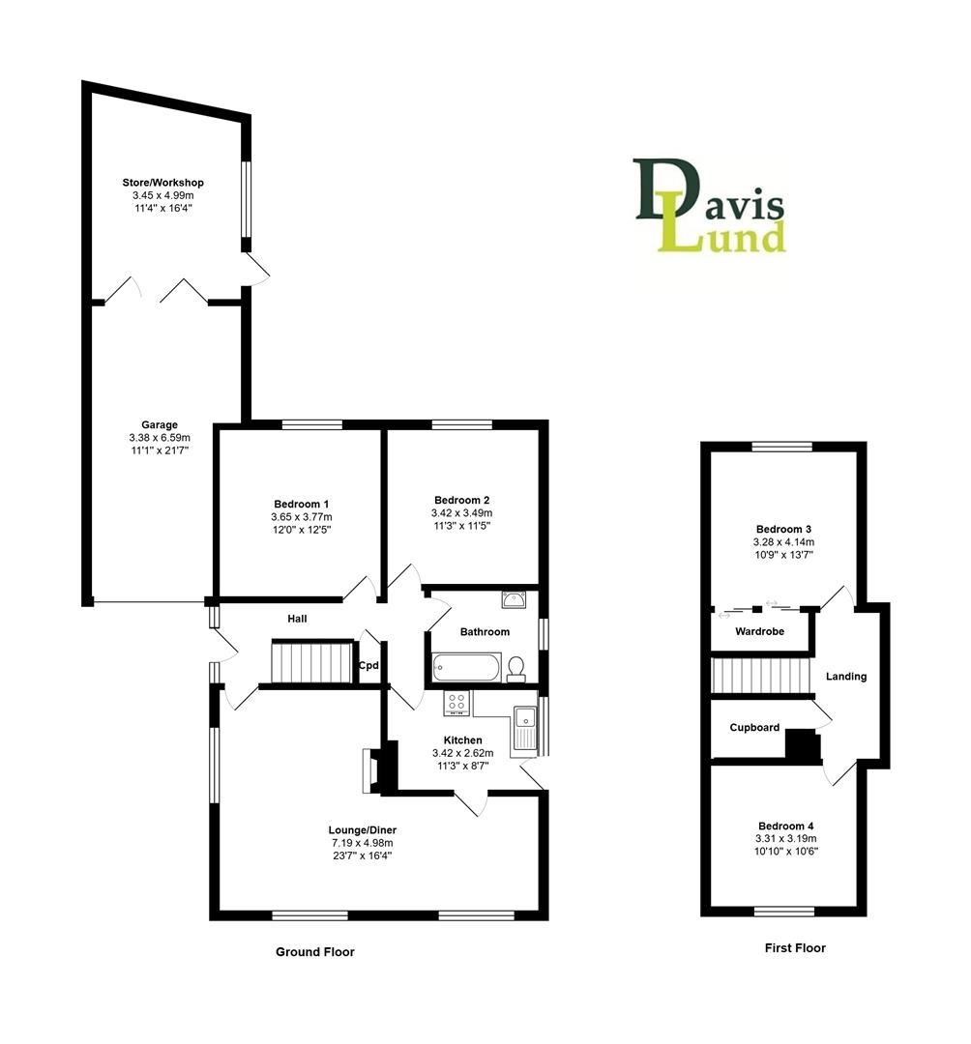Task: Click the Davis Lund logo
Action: click(x=710, y=205)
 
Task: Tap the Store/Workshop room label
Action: click(x=162, y=183)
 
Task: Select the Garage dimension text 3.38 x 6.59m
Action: click(x=160, y=437)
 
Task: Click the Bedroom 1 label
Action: click(x=302, y=504)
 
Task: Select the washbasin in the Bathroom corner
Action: click(x=513, y=599)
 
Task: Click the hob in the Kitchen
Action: click(x=456, y=704)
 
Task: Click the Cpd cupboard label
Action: click(x=368, y=665)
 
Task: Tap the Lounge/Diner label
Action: click(x=363, y=829)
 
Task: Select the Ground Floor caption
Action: click(x=315, y=952)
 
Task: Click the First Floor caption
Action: click(x=795, y=948)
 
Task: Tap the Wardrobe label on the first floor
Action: click(x=759, y=632)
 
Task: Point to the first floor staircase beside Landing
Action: click(x=759, y=676)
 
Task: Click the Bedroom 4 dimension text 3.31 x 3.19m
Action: click(x=784, y=839)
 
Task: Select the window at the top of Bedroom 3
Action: click(x=783, y=447)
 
